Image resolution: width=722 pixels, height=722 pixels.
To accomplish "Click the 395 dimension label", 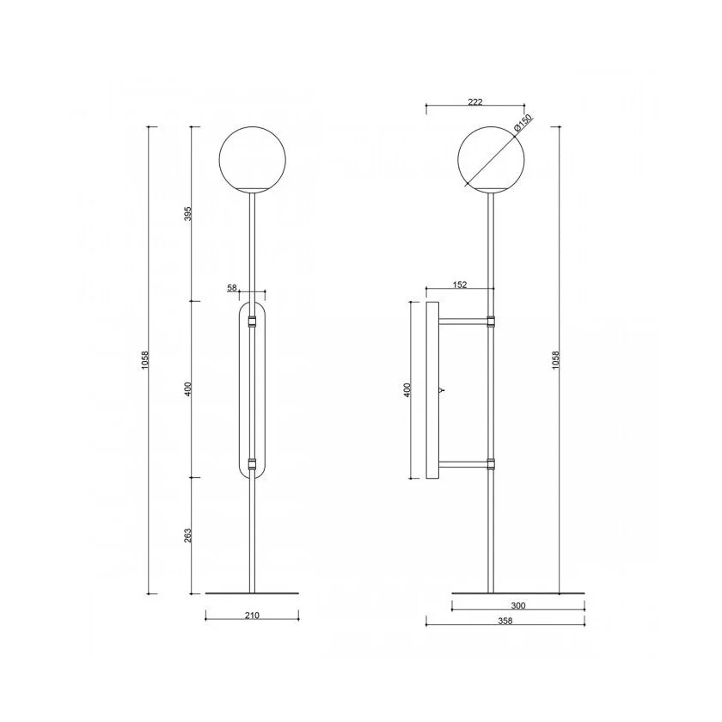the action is point(187,213).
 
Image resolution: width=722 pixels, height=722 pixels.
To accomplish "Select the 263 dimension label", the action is point(187,535).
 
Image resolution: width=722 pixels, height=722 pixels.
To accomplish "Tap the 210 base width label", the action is point(253,615).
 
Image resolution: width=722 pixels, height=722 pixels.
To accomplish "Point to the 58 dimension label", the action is point(231,288).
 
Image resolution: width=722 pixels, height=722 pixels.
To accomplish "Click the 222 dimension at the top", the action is point(474,102).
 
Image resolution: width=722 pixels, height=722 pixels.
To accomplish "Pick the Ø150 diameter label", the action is point(523,123).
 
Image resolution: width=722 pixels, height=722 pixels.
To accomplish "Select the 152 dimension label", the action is point(460,285).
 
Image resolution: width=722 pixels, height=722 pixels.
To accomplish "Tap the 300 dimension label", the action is point(518,605).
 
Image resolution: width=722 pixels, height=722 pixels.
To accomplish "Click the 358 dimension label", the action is point(505,621).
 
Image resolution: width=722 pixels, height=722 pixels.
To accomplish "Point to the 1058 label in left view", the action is point(145,360).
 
